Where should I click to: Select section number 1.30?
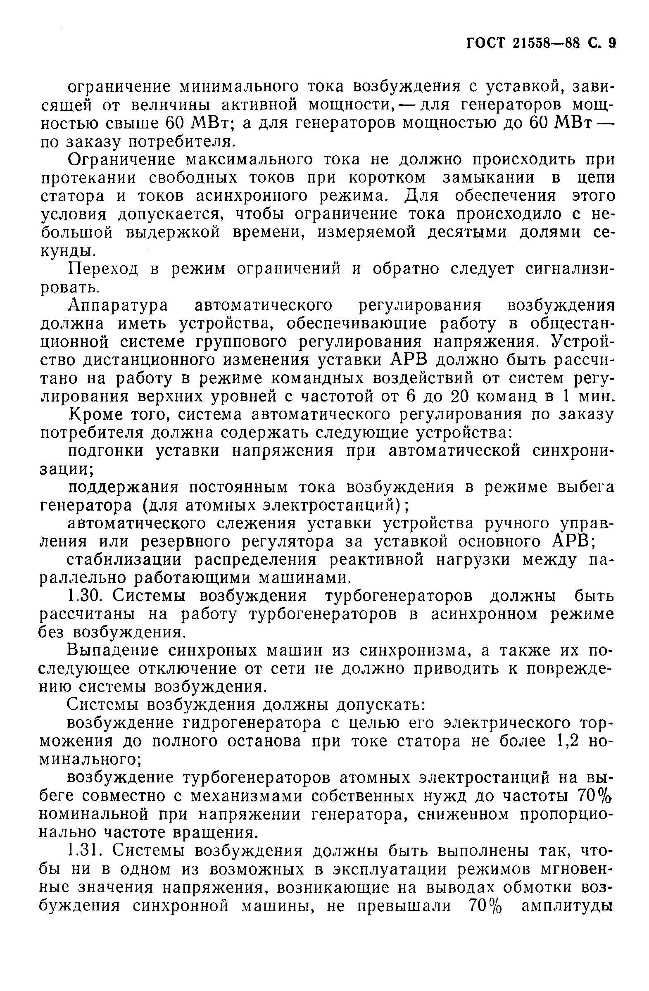(x=85, y=596)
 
